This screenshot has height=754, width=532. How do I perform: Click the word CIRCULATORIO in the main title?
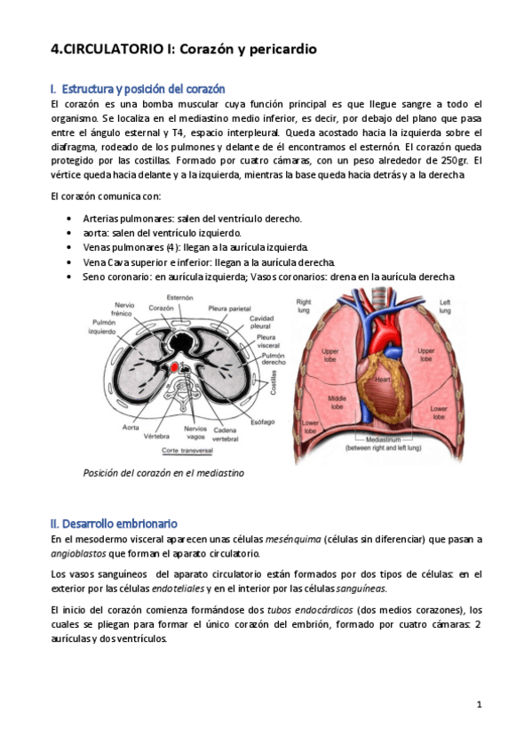pos(115,50)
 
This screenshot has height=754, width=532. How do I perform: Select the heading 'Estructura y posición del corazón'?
pos(141,89)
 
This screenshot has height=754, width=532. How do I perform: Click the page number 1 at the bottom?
pos(479,705)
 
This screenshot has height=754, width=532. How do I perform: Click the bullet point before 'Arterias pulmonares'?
pos(70,218)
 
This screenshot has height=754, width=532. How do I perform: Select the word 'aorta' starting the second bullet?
pos(96,232)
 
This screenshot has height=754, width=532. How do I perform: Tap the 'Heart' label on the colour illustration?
pos(382,380)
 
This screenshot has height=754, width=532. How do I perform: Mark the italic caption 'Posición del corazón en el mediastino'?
pos(163,473)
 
